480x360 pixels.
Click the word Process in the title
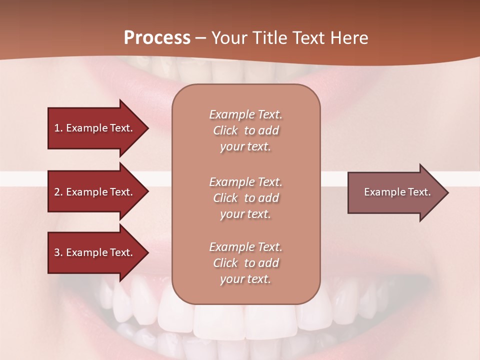[x=157, y=38]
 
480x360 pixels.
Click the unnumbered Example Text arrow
[x=397, y=192]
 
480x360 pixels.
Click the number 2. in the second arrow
[x=58, y=192]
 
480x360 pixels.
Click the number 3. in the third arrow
[x=58, y=252]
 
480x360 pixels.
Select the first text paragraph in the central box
[x=245, y=130]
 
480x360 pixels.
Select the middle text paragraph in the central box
[x=245, y=198]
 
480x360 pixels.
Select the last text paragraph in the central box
[x=245, y=263]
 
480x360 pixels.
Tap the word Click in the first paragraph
[x=225, y=130]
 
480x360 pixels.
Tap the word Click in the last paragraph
[x=225, y=263]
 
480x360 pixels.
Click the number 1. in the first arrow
[x=58, y=128]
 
